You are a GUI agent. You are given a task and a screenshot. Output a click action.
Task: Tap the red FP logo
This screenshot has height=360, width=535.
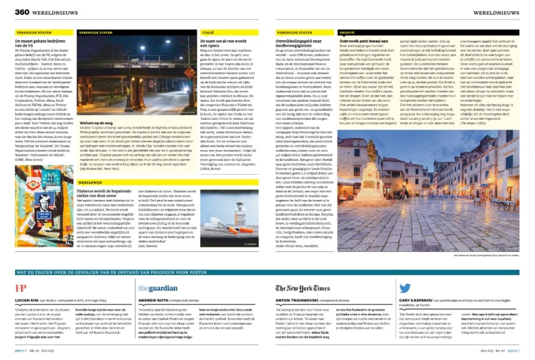[20, 288]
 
